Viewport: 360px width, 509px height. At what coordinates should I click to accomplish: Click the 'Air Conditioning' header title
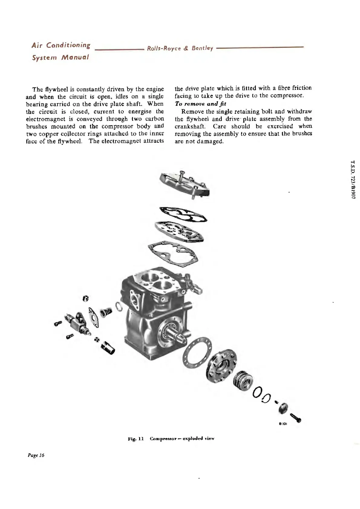(x=61, y=46)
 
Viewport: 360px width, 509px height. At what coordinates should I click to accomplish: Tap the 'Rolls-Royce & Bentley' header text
(x=180, y=48)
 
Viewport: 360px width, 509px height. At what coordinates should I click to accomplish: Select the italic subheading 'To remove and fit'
(x=200, y=104)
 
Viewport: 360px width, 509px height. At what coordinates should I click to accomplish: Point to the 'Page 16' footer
(x=35, y=455)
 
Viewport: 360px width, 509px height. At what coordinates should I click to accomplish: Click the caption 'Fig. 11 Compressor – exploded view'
(x=171, y=438)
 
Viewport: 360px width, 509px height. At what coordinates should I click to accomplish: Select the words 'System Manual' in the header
(x=61, y=57)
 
